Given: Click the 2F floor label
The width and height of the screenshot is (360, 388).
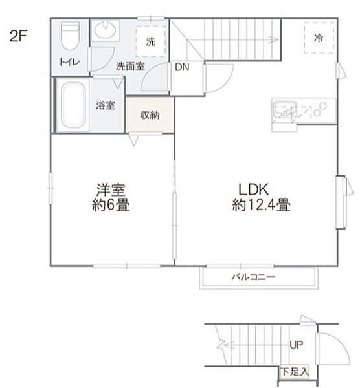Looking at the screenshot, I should [19, 36].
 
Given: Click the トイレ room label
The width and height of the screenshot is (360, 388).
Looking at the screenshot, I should [67, 63].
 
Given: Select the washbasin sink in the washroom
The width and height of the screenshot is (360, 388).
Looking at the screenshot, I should [104, 30].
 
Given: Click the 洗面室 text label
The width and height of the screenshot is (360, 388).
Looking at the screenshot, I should [130, 66].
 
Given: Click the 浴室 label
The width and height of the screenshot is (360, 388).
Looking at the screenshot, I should [106, 105].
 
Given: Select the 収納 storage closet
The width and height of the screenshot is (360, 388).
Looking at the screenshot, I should [150, 114].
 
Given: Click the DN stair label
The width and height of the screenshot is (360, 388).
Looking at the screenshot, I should [182, 67].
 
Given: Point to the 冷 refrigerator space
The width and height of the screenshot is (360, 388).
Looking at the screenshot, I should [318, 38].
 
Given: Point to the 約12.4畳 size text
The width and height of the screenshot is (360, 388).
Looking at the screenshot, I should [261, 206].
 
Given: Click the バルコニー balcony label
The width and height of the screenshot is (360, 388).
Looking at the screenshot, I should [254, 277].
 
